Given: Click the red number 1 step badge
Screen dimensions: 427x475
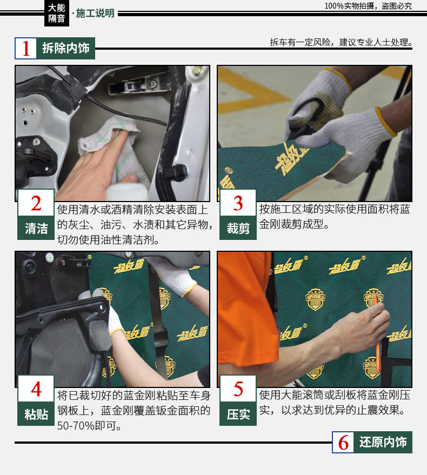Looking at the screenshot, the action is pyautogui.click(x=26, y=48).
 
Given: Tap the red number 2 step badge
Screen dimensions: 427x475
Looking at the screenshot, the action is pyautogui.click(x=36, y=203).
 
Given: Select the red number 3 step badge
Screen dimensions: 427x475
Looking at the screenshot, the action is pyautogui.click(x=238, y=203).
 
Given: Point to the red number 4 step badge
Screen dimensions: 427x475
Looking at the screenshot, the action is pyautogui.click(x=36, y=389).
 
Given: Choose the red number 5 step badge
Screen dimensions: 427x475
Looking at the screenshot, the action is pyautogui.click(x=238, y=389).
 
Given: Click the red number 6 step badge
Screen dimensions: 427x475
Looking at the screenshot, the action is pyautogui.click(x=343, y=442).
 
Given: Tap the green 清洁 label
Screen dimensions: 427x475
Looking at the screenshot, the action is pyautogui.click(x=36, y=228).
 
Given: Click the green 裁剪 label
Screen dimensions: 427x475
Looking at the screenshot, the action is pyautogui.click(x=238, y=228).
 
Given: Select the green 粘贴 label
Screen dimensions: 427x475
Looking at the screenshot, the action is pyautogui.click(x=36, y=414).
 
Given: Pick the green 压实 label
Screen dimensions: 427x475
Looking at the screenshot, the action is pyautogui.click(x=238, y=414).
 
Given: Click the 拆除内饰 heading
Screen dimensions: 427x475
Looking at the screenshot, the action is pyautogui.click(x=66, y=48).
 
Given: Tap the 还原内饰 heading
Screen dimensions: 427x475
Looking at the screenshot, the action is pyautogui.click(x=383, y=442).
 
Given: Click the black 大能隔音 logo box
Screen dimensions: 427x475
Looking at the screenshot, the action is pyautogui.click(x=57, y=13).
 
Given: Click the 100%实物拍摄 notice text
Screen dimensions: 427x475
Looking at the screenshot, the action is pyautogui.click(x=368, y=6).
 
